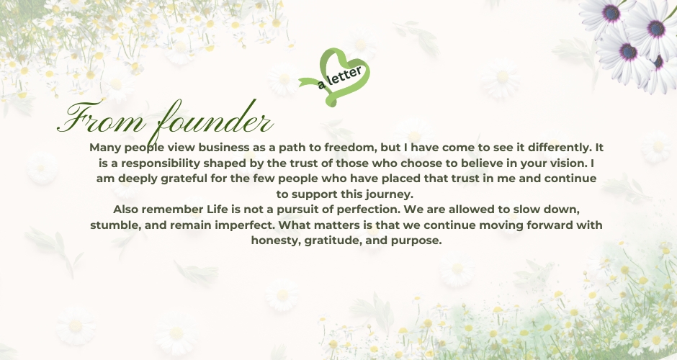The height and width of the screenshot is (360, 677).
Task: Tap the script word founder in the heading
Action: click(214, 119)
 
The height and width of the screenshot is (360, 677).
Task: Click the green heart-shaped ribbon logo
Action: click(335, 77)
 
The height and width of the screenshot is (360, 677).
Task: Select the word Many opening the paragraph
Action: click(106, 148)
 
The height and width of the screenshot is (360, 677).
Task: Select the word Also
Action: click(125, 210)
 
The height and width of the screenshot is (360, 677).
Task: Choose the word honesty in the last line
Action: click(276, 240)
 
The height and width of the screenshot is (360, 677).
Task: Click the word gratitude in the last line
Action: click(333, 240)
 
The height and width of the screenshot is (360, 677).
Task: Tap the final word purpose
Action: click(416, 241)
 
